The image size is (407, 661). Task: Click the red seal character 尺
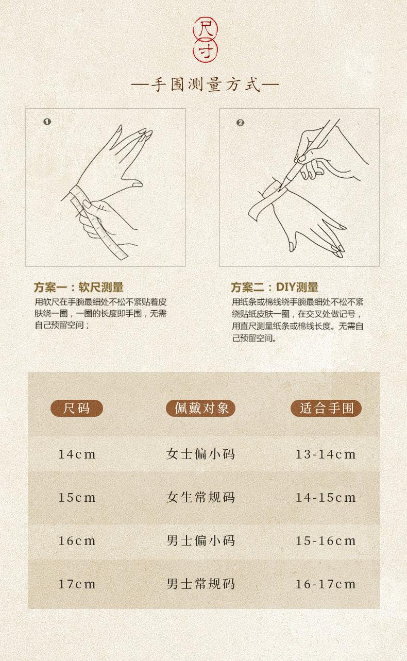(205, 29)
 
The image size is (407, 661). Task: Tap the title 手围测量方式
(205, 84)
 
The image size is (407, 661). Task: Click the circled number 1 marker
(47, 122)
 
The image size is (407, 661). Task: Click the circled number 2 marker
(240, 123)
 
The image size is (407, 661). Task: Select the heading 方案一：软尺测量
(78, 287)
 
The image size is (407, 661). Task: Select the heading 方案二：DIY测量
(275, 287)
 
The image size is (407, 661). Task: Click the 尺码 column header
(77, 409)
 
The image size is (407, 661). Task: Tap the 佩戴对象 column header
(201, 409)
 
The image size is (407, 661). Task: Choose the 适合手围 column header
(326, 409)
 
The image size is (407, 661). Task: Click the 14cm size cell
(77, 454)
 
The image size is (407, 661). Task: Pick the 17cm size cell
(77, 584)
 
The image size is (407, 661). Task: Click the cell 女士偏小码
(201, 454)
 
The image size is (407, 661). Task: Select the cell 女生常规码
(201, 498)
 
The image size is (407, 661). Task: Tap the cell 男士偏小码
(201, 541)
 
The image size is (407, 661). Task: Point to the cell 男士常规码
(201, 584)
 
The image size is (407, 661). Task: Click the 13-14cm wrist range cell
(326, 454)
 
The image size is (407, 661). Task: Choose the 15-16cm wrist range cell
(326, 541)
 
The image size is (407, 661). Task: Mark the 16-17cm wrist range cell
(326, 584)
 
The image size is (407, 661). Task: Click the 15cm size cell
(77, 498)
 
